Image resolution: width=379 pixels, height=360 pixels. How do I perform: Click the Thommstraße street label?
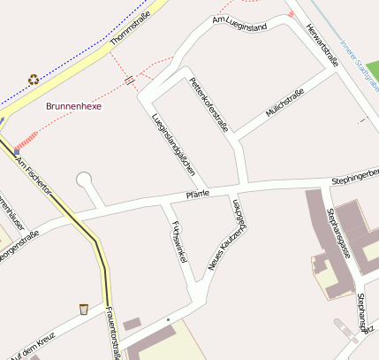click(x=130, y=29)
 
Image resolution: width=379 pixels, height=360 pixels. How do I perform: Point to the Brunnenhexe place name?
click(x=74, y=106)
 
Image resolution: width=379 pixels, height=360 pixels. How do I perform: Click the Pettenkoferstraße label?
click(x=208, y=104)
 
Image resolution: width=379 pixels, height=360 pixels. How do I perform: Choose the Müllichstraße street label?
click(x=284, y=103)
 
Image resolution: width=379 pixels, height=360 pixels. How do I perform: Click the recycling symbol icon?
click(x=34, y=79)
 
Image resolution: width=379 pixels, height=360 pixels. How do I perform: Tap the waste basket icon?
click(x=84, y=309)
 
